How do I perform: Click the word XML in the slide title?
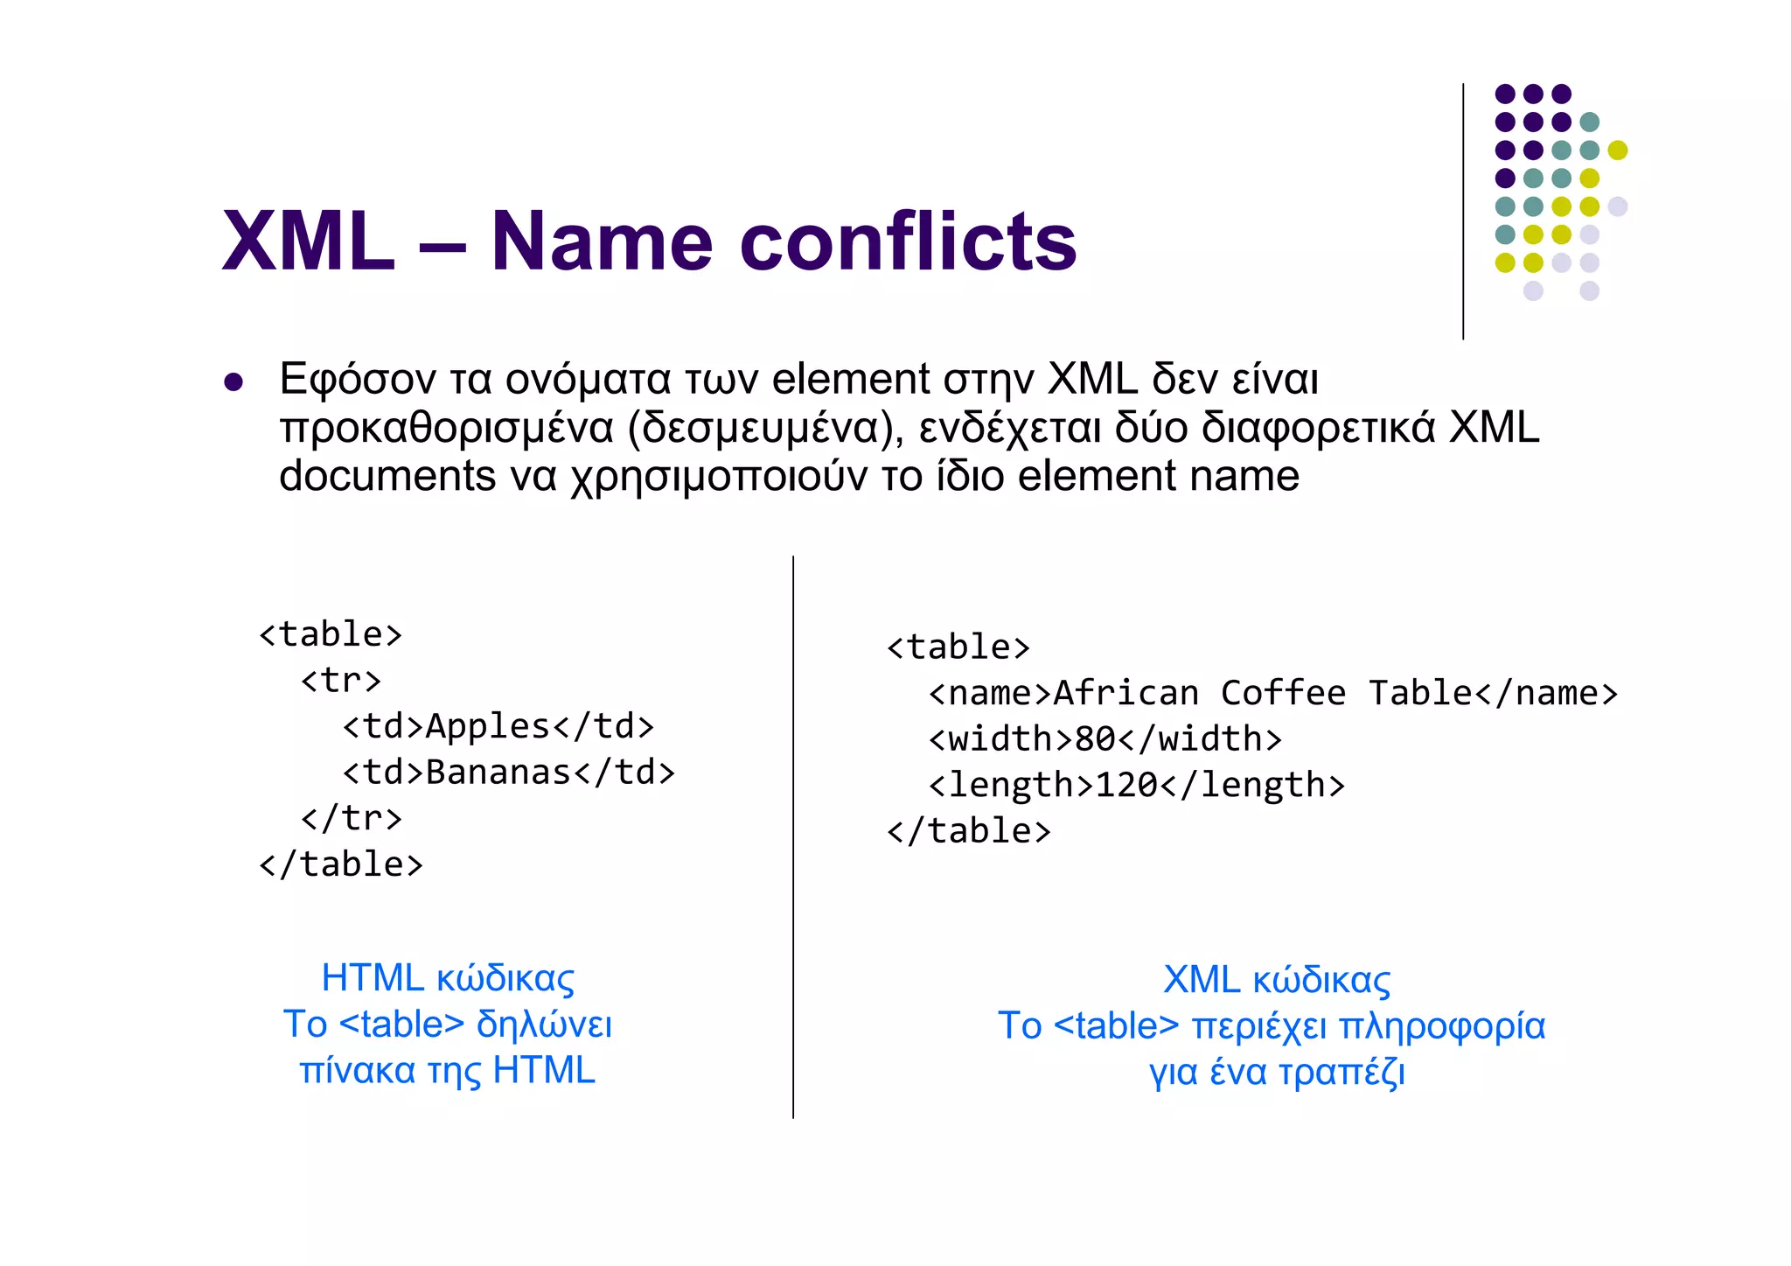[x=308, y=242]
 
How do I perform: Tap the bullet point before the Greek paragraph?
[x=233, y=382]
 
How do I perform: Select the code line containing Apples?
[x=498, y=726]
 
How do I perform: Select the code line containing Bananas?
[x=509, y=773]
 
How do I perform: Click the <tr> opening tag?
[x=341, y=680]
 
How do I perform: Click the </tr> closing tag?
[x=352, y=818]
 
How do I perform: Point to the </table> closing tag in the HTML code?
[x=341, y=864]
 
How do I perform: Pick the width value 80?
[x=1094, y=739]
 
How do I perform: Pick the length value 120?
[x=1126, y=785]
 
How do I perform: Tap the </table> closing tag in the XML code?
[x=968, y=831]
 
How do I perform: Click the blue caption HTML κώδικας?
[x=448, y=978]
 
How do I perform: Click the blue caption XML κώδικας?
[x=1276, y=980]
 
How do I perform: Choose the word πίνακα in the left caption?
[x=357, y=1071]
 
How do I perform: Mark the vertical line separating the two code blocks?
[x=793, y=836]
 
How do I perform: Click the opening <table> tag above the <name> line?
[x=958, y=647]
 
